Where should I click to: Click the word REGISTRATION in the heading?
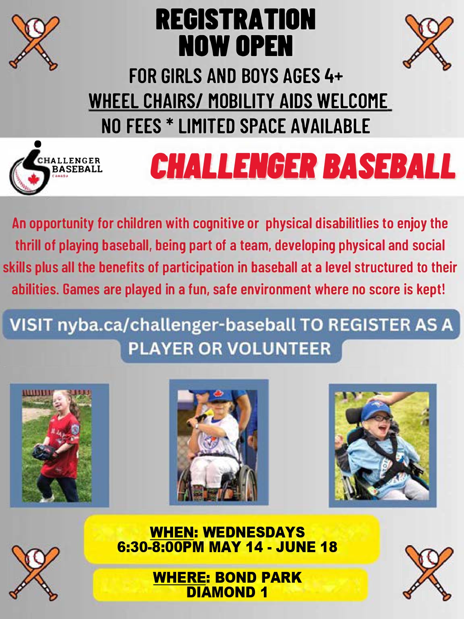pyautogui.click(x=236, y=19)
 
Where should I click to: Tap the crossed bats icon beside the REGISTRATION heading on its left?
pyautogui.click(x=34, y=43)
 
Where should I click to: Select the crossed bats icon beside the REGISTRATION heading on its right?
pyautogui.click(x=428, y=43)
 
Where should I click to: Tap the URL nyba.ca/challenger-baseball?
pyautogui.click(x=177, y=325)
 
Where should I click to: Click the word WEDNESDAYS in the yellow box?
pyautogui.click(x=254, y=532)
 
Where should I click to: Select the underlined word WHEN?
pyautogui.click(x=172, y=532)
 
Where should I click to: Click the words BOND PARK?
pyautogui.click(x=258, y=578)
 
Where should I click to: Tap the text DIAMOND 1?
pyautogui.click(x=227, y=592)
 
